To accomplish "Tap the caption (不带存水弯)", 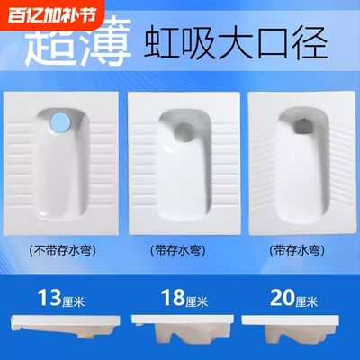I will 58,248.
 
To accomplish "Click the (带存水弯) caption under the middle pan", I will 180,249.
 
